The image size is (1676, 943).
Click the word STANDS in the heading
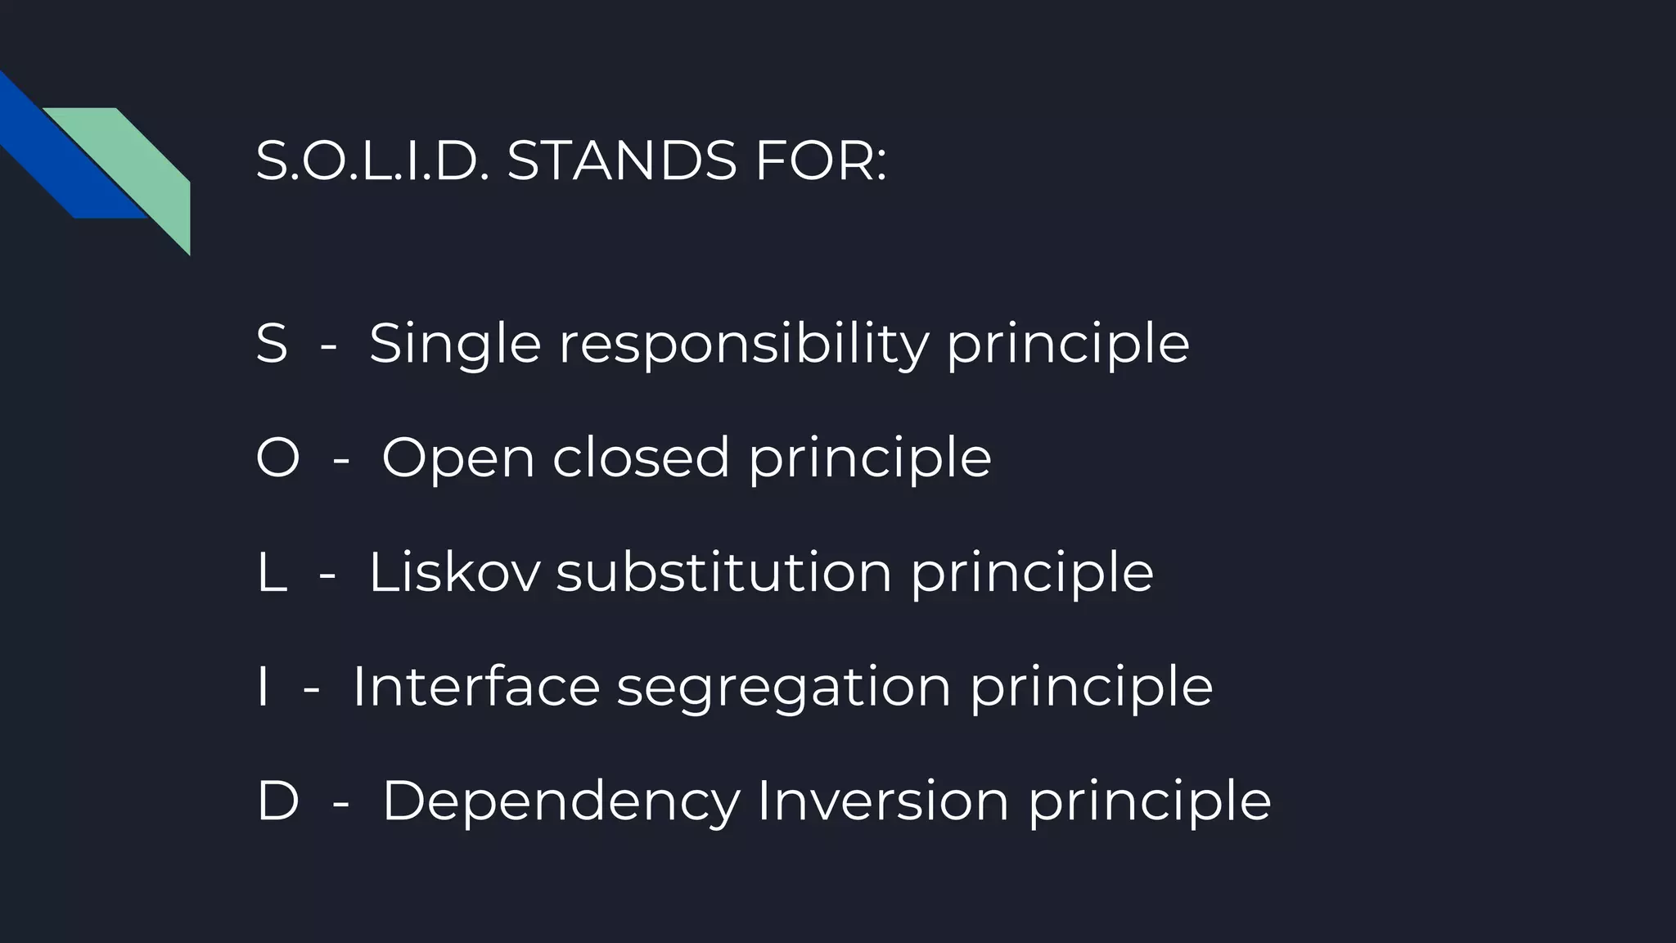pyautogui.click(x=621, y=160)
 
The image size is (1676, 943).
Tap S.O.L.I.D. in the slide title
pyautogui.click(x=372, y=160)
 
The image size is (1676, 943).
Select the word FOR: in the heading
pyautogui.click(x=821, y=160)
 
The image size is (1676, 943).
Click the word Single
pyautogui.click(x=455, y=345)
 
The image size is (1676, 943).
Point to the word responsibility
pyautogui.click(x=743, y=345)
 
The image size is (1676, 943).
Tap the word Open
pyautogui.click(x=457, y=458)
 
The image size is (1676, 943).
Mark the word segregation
pyautogui.click(x=784, y=688)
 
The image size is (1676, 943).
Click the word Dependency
pyautogui.click(x=561, y=802)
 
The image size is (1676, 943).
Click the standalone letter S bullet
pyautogui.click(x=272, y=344)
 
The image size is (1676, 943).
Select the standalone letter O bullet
pyautogui.click(x=277, y=458)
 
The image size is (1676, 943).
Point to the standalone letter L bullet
pyautogui.click(x=271, y=572)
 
